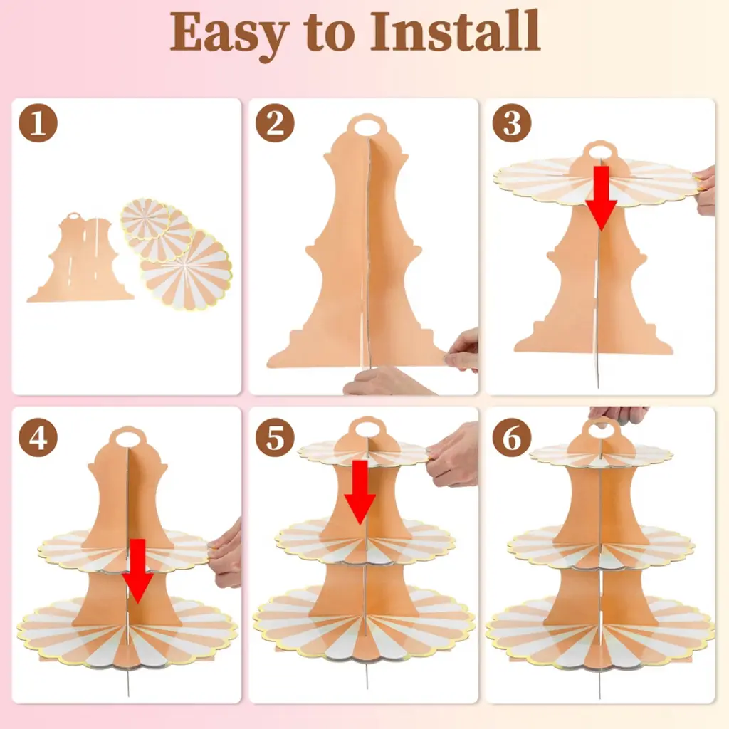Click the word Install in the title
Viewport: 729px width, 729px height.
tap(455, 31)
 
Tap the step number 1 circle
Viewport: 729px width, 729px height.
tap(38, 123)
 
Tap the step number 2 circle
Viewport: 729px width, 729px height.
tap(275, 123)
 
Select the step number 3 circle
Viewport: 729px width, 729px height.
tap(511, 123)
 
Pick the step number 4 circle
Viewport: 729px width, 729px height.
tap(38, 437)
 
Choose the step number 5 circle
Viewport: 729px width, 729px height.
tap(275, 437)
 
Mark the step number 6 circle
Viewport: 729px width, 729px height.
tap(511, 437)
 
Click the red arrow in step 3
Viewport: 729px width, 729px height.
tap(601, 199)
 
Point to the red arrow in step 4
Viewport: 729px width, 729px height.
tap(137, 572)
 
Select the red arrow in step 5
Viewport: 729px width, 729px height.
tap(360, 493)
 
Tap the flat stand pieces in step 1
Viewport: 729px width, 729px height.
tap(80, 258)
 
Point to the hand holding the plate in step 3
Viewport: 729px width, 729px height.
tap(706, 191)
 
